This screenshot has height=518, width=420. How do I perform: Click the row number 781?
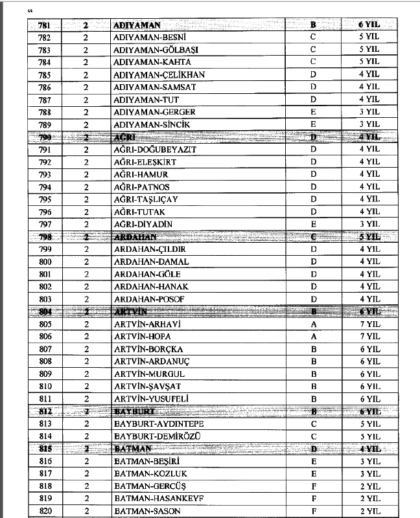point(45,25)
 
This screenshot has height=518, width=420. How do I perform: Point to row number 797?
point(45,224)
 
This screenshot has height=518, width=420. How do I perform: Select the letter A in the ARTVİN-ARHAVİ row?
point(313,324)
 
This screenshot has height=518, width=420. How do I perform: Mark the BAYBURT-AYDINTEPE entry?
point(159,424)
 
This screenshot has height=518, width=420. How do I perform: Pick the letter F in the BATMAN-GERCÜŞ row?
point(313,486)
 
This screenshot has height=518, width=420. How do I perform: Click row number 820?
point(45,511)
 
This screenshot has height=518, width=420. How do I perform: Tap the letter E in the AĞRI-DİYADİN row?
point(313,224)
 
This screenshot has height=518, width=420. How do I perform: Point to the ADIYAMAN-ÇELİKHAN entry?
point(159,74)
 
